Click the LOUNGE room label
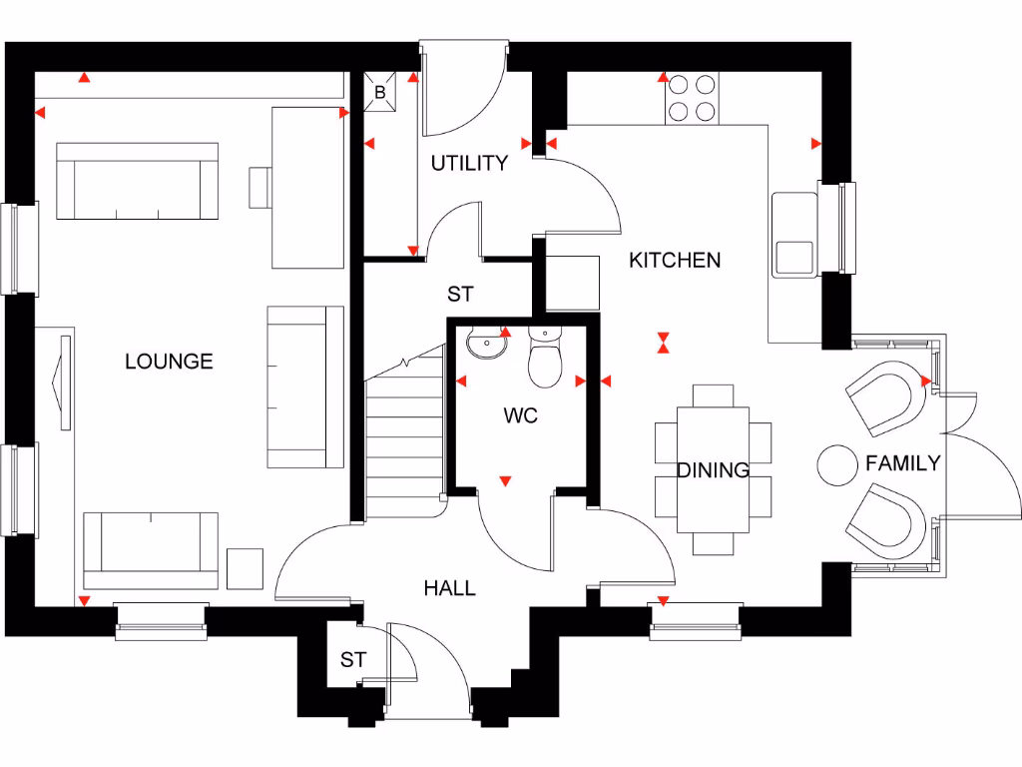[169, 362]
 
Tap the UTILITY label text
[469, 164]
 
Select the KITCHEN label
[675, 261]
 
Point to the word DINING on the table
[713, 470]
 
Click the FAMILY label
[902, 463]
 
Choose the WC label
[521, 415]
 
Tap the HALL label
[449, 588]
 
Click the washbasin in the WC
[486, 345]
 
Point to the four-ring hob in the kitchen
[692, 98]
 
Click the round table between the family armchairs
[836, 464]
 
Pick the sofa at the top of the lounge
[137, 181]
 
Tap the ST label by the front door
[353, 660]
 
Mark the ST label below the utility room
[460, 295]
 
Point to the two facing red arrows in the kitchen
[662, 343]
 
